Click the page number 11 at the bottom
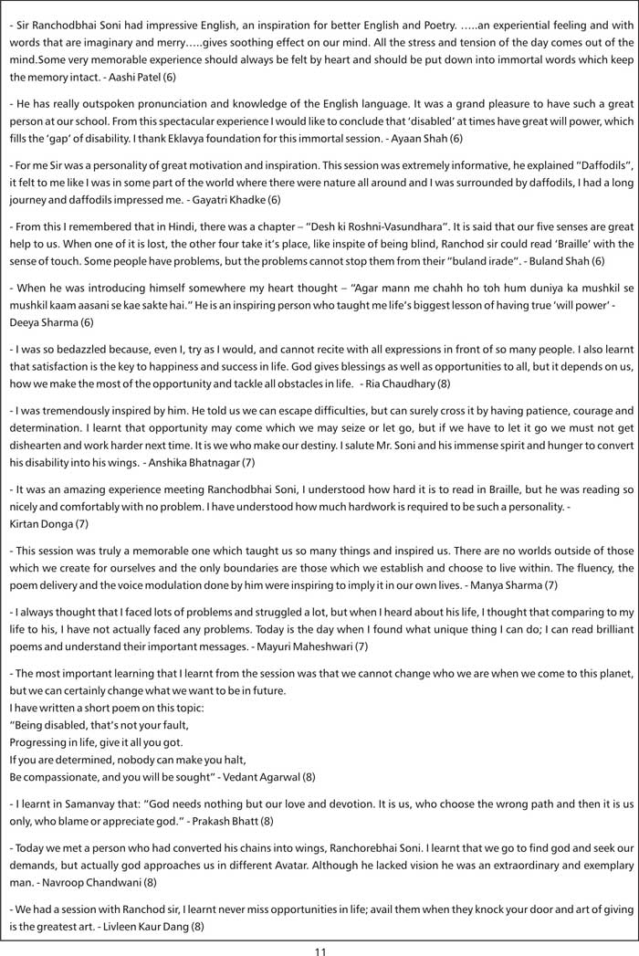[319, 951]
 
